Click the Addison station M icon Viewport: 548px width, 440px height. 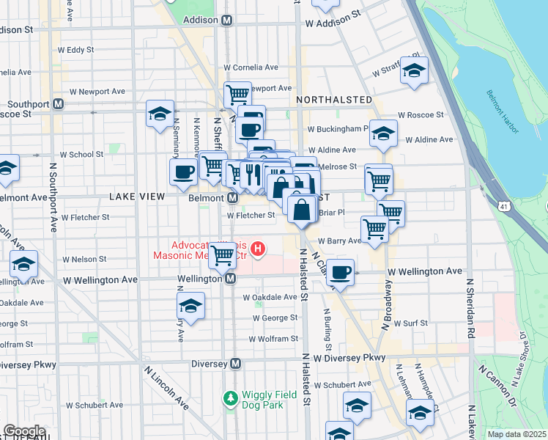(227, 20)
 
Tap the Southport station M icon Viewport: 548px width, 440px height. (58, 104)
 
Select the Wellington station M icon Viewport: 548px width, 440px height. (230, 279)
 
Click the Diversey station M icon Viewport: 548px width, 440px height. (236, 363)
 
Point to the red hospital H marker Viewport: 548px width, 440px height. (258, 250)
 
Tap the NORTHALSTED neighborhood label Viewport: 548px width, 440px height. (333, 99)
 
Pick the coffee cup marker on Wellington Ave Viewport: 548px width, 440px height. (340, 272)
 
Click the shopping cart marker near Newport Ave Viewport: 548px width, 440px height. (237, 94)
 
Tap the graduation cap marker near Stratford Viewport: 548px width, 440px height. (415, 70)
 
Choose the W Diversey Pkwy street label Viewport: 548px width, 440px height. (349, 357)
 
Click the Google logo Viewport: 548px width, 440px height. (24, 431)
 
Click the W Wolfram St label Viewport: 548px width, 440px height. (273, 339)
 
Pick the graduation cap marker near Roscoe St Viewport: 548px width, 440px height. (160, 114)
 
